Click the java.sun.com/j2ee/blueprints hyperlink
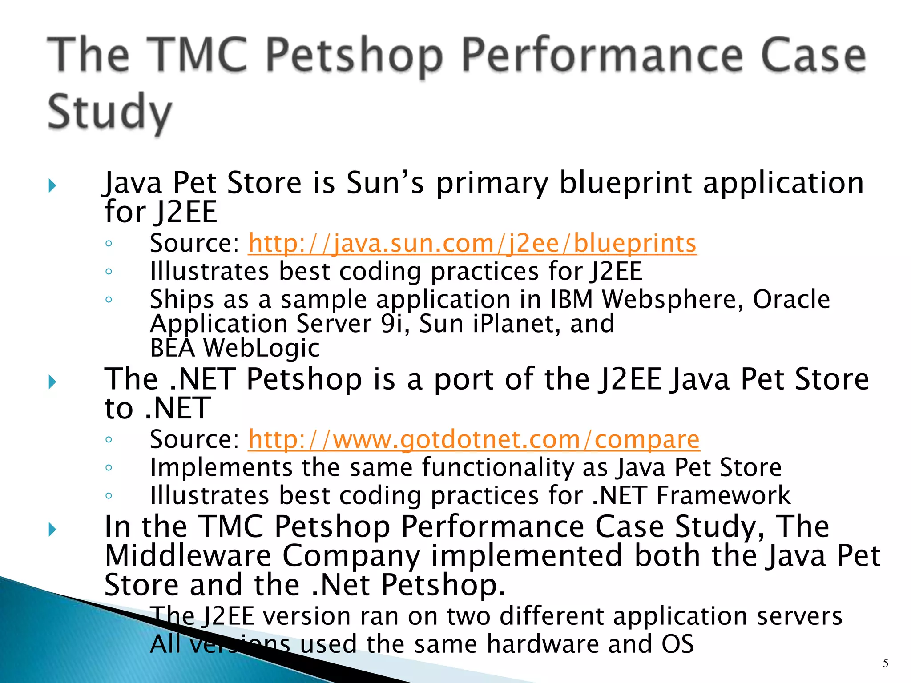pyautogui.click(x=472, y=244)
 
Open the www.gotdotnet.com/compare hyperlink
pyautogui.click(x=474, y=440)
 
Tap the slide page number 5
pyautogui.click(x=885, y=663)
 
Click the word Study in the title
pyautogui.click(x=109, y=112)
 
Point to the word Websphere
pyautogui.click(x=672, y=299)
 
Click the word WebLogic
pyautogui.click(x=262, y=348)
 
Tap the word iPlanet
pyautogui.click(x=515, y=324)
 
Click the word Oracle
pyautogui.click(x=791, y=299)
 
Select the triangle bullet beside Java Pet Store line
pyautogui.click(x=52, y=185)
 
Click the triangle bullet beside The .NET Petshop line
pyautogui.click(x=52, y=382)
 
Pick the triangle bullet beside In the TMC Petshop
pyautogui.click(x=52, y=529)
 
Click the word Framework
pyautogui.click(x=723, y=495)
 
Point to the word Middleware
pyautogui.click(x=188, y=556)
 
